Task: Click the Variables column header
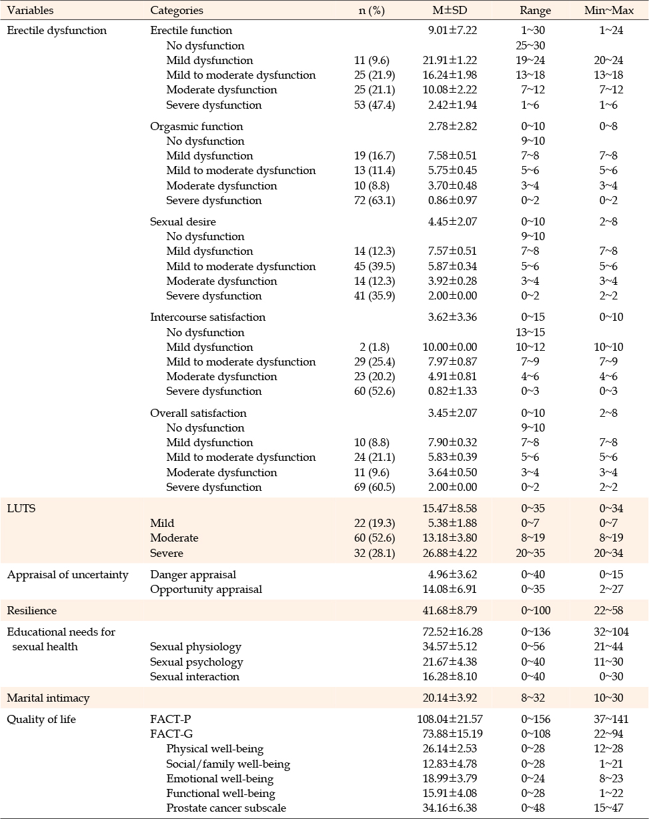click(x=30, y=10)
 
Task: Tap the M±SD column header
click(x=450, y=10)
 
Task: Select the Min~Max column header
click(x=609, y=10)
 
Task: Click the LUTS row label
click(x=21, y=508)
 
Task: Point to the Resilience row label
click(x=31, y=610)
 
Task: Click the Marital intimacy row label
click(x=48, y=698)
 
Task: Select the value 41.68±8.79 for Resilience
click(x=450, y=610)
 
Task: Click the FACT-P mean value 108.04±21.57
click(x=450, y=719)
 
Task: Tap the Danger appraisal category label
click(x=193, y=574)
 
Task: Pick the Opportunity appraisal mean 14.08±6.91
click(x=450, y=589)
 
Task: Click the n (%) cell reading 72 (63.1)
click(x=375, y=200)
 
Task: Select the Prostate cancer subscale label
click(x=226, y=808)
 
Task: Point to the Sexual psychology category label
click(x=196, y=662)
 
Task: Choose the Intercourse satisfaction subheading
click(x=207, y=317)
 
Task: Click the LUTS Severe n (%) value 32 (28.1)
click(x=375, y=553)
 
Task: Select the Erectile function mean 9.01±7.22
click(x=452, y=30)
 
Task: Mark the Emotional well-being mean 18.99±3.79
click(x=450, y=778)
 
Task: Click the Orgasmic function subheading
click(x=196, y=126)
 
